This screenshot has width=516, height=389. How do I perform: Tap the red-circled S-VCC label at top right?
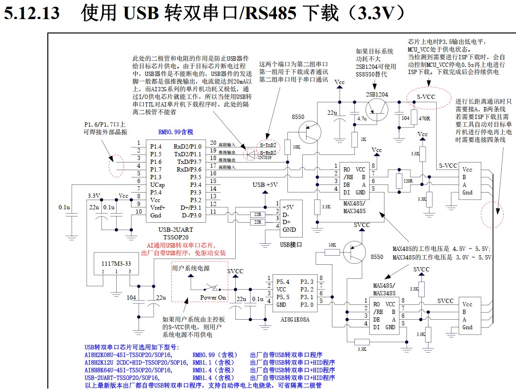point(425,97)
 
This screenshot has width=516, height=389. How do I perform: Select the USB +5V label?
point(265,185)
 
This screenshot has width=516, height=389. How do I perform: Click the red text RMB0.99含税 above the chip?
point(176,132)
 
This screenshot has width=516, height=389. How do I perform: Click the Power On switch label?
point(213,297)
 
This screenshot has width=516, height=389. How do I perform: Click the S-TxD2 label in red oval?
point(267,144)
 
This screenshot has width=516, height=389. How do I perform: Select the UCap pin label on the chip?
point(157,184)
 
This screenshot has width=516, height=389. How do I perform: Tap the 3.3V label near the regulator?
point(94,196)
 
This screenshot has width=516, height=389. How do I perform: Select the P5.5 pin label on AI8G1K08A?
point(283,297)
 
